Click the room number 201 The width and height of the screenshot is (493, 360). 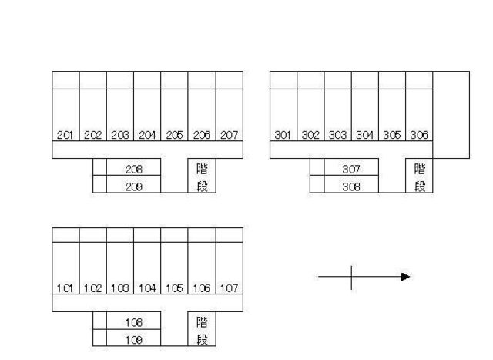65,135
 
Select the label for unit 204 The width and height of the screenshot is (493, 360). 147,135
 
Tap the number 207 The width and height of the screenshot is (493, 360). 229,135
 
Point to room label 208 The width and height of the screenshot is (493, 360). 133,170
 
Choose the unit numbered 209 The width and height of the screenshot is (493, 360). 133,187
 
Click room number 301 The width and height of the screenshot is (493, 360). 283,135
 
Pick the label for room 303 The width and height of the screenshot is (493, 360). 337,135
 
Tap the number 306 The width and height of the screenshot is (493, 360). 419,135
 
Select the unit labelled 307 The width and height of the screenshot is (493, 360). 351,170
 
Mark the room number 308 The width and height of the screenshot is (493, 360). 351,187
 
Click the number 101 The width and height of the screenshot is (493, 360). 65,288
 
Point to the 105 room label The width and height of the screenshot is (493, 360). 174,288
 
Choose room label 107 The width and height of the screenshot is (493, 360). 229,288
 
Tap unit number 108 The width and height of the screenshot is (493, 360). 133,322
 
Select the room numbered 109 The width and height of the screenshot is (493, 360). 133,340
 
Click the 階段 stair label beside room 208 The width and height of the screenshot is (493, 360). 202,178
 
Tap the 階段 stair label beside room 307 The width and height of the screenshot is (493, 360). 420,178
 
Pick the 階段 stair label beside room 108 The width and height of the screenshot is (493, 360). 202,331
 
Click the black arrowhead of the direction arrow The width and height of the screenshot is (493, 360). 406,277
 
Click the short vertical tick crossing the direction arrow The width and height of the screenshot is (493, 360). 351,278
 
